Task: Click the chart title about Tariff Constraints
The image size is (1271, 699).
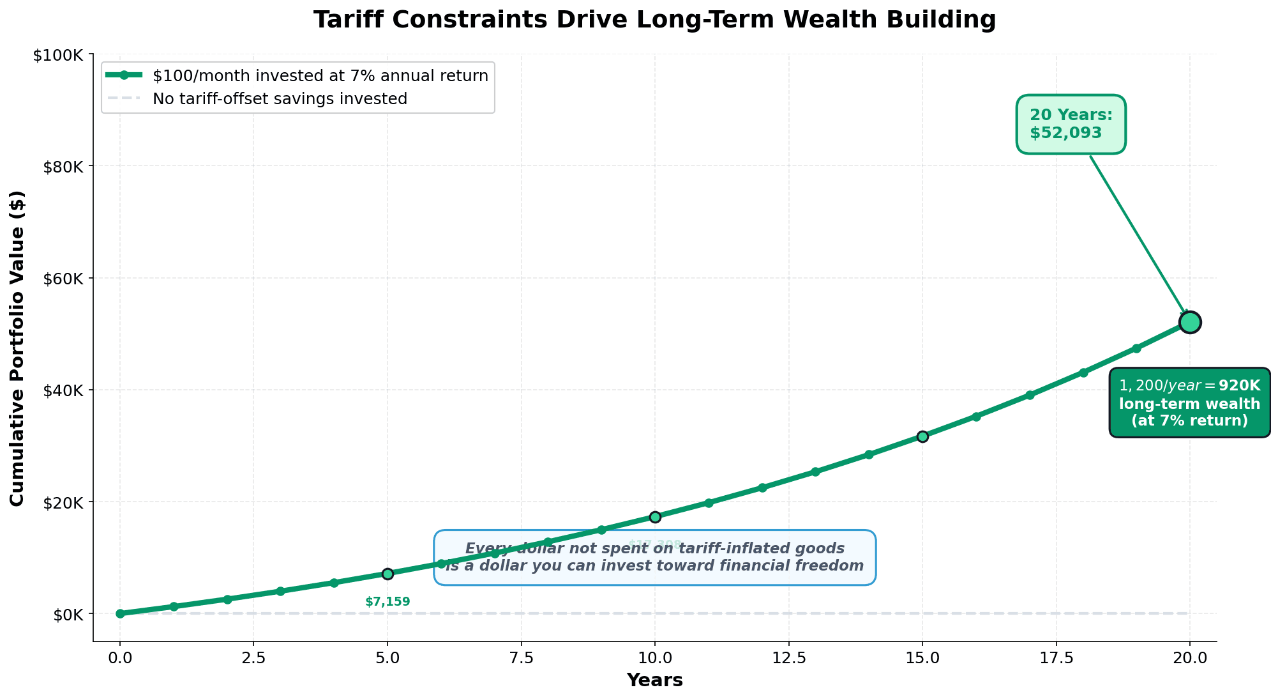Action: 654,20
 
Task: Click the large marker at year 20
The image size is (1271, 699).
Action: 1190,322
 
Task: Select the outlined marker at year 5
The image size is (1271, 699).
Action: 387,574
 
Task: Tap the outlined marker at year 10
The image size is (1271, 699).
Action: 655,516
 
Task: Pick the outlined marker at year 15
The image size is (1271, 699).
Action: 922,436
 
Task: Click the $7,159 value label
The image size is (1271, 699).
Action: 387,602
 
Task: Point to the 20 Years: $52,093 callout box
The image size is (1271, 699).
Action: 1071,124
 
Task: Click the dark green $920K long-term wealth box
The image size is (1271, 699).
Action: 1189,403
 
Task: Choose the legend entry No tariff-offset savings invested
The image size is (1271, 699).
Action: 280,99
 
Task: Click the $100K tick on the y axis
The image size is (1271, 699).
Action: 58,55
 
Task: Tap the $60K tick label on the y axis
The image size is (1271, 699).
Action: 61,279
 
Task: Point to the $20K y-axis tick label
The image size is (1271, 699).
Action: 61,502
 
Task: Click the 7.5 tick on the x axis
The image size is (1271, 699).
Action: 521,657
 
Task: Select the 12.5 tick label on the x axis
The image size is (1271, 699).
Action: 788,657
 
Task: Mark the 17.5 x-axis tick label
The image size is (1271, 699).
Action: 1056,657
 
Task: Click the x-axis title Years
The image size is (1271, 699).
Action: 654,680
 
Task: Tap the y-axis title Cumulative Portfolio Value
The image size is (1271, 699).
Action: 17,348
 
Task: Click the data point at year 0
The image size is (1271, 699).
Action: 120,613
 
